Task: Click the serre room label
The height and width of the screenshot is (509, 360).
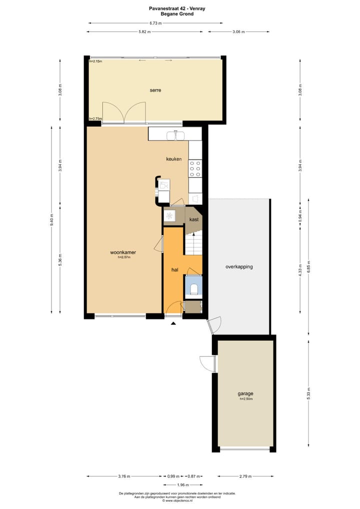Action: click(x=155, y=90)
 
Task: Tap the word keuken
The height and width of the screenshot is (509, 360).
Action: click(x=174, y=159)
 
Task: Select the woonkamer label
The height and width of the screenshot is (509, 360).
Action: click(x=123, y=253)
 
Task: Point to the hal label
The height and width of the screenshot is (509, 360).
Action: click(x=175, y=269)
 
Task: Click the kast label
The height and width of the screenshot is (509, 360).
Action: click(x=194, y=219)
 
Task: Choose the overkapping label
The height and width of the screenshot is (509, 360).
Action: click(x=238, y=266)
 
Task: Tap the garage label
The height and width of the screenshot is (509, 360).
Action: click(x=245, y=393)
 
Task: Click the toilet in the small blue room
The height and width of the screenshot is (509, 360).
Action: click(x=193, y=289)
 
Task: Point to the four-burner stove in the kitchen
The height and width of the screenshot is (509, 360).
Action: click(x=195, y=168)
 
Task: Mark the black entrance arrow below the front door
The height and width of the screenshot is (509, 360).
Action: click(x=173, y=324)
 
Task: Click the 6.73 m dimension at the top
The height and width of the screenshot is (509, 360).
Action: click(x=155, y=23)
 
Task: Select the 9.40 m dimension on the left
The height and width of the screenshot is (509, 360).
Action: click(x=51, y=220)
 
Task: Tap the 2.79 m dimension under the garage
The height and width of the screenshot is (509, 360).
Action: click(x=245, y=476)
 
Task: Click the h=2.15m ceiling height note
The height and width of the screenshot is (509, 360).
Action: click(x=95, y=61)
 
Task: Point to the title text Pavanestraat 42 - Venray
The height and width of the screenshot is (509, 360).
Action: click(x=179, y=8)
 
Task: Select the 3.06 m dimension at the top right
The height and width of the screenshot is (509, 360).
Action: click(x=238, y=31)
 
